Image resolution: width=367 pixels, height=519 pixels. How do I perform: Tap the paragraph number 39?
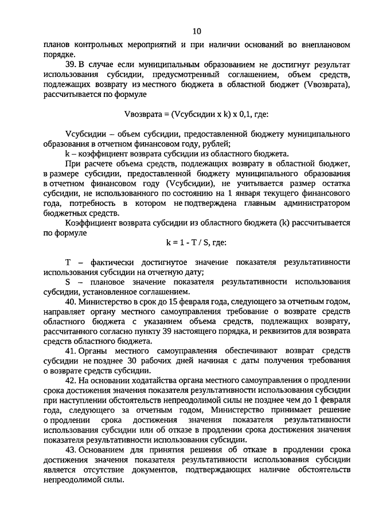[71, 64]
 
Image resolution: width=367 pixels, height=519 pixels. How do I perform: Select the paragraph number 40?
[71, 300]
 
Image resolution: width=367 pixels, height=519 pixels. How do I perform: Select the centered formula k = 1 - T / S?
[183, 243]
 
